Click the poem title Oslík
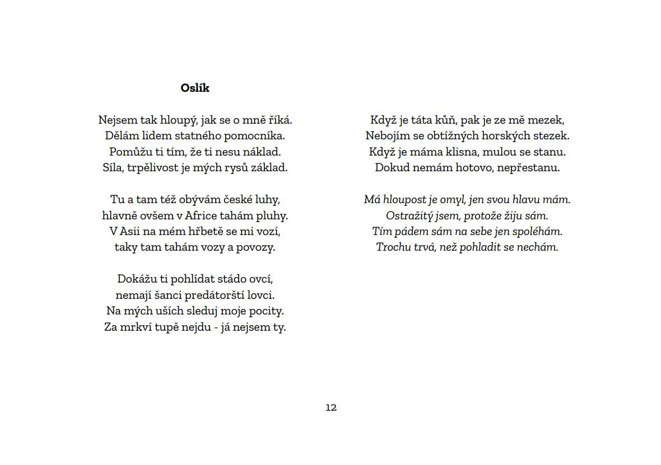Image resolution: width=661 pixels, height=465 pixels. pyautogui.click(x=195, y=88)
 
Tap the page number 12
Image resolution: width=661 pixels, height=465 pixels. pyautogui.click(x=331, y=407)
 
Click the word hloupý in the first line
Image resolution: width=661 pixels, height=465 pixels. pyautogui.click(x=176, y=120)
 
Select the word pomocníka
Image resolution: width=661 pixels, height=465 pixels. pyautogui.click(x=255, y=136)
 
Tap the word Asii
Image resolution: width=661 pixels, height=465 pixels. pyautogui.click(x=128, y=231)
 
